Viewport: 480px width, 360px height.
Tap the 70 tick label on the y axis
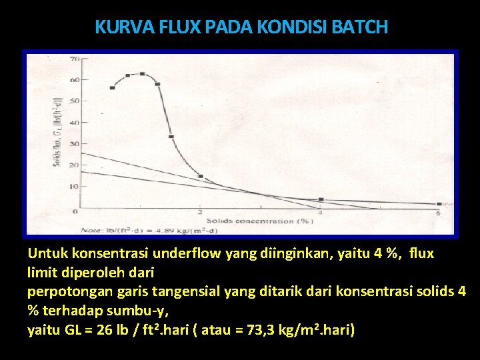(75, 59)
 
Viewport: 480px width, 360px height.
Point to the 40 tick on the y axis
(75, 123)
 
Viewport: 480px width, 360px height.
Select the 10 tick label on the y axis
(75, 187)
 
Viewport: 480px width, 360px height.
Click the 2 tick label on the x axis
(201, 213)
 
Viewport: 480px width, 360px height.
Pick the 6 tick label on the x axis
(438, 213)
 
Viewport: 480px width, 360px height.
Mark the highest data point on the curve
(142, 73)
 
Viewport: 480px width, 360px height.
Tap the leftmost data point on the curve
(113, 87)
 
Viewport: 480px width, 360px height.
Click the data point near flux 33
(171, 137)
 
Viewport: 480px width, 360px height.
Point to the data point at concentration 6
(439, 204)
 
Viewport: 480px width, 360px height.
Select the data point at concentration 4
(321, 199)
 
